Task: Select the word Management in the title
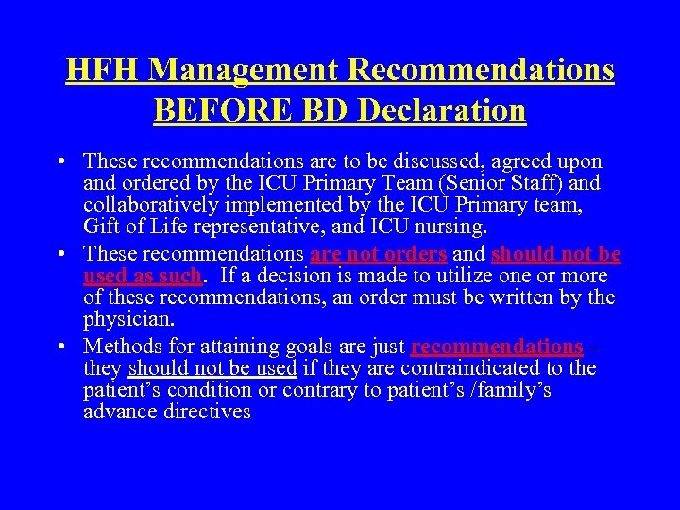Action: coord(243,70)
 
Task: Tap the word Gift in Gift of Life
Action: coord(101,226)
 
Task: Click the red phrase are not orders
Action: coord(378,254)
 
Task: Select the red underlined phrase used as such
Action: coord(142,276)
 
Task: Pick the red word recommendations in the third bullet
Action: coord(497,347)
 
